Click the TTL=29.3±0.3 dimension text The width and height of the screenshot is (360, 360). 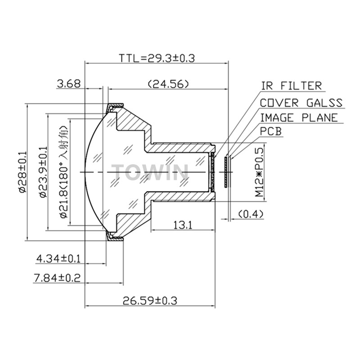pos(157,58)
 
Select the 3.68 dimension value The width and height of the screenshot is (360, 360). pos(69,84)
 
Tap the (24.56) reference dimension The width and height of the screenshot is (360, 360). pos(168,84)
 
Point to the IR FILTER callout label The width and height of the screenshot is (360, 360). pos(291,86)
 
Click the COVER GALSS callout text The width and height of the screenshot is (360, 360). pos(301,103)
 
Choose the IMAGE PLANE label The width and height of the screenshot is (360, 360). pos(299,117)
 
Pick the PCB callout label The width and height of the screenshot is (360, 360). pos(271,131)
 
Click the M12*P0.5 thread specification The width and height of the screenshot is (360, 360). pos(259,172)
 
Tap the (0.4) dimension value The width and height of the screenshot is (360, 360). pos(251,214)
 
